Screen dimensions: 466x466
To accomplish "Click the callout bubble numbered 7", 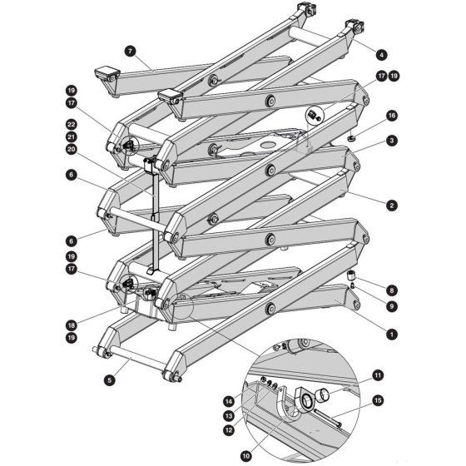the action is click(130, 51).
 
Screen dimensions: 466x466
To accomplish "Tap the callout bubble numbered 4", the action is click(381, 55).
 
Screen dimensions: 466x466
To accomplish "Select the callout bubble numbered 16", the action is click(392, 116).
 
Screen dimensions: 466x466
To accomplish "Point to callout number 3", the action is click(392, 141).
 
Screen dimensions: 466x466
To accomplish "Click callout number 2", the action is click(392, 206).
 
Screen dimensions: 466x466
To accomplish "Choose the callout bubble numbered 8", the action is click(392, 290).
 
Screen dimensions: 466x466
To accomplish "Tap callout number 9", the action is click(392, 306).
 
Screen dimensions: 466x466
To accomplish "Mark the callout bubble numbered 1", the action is click(392, 334).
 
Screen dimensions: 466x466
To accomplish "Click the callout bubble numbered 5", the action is click(110, 380).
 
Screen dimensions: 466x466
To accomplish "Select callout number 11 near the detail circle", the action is click(378, 375).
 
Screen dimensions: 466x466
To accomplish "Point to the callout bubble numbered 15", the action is click(378, 400).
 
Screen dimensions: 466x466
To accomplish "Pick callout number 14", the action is click(229, 402).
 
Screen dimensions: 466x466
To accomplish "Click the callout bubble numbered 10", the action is click(245, 456).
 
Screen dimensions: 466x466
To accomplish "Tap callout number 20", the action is click(71, 149).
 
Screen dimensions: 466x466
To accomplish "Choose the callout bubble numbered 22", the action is click(71, 125).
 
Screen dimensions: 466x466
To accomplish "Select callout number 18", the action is click(71, 325).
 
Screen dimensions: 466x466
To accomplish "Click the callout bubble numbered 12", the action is click(229, 430).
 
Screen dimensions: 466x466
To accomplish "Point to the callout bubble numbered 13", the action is click(229, 416).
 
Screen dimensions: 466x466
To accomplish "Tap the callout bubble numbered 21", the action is click(71, 137).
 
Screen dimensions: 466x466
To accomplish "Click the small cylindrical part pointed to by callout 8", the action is click(351, 275).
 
